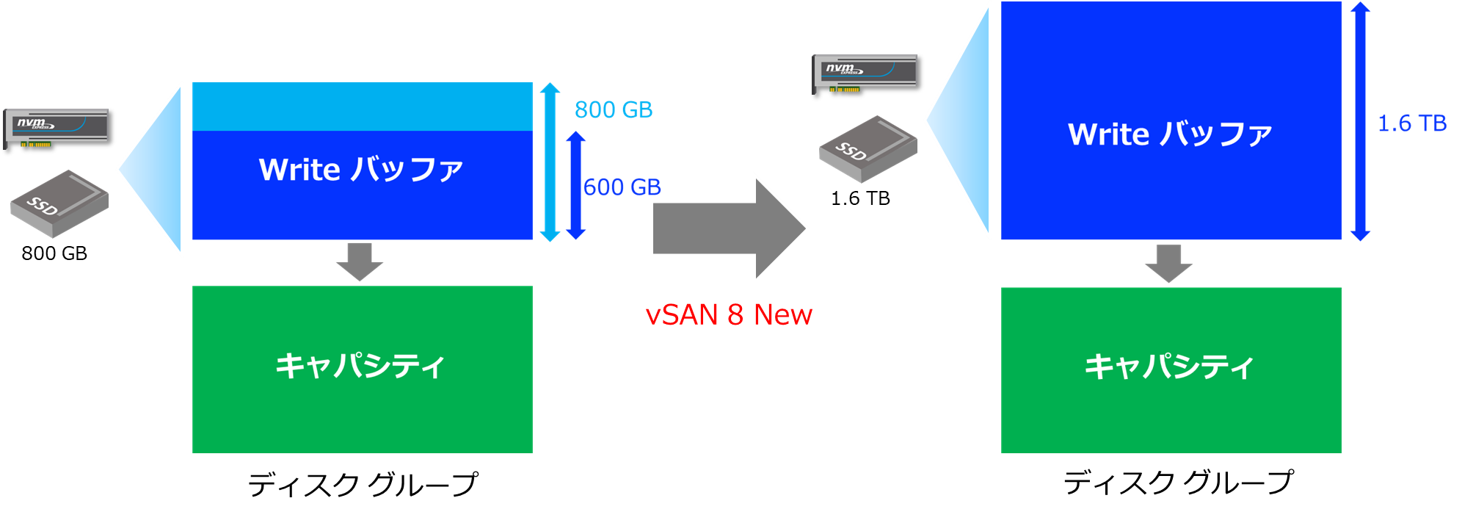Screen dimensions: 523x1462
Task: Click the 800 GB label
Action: point(613,110)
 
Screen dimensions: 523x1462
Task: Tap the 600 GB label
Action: point(622,187)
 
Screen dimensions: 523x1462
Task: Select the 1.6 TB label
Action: point(1411,123)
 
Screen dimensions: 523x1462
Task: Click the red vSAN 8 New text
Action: point(728,314)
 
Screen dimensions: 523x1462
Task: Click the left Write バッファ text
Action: point(361,170)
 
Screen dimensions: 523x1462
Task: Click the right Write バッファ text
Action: point(1170,134)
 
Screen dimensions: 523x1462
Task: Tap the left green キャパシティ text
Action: point(360,365)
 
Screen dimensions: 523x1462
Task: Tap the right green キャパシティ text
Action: point(1169,366)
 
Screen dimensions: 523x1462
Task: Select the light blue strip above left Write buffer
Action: point(362,107)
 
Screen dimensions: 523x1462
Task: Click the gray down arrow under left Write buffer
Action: point(360,261)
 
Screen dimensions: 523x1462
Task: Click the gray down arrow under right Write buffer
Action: point(1168,263)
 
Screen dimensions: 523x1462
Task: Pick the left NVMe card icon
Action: point(56,127)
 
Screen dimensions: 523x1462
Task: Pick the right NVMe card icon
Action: point(865,73)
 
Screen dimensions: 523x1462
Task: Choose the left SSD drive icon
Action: point(59,203)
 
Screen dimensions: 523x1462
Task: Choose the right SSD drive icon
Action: point(868,148)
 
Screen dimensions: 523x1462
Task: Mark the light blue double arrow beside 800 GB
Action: point(550,162)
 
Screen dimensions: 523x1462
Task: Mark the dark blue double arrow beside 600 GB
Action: point(576,185)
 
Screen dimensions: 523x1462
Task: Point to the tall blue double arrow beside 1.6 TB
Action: point(1360,121)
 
